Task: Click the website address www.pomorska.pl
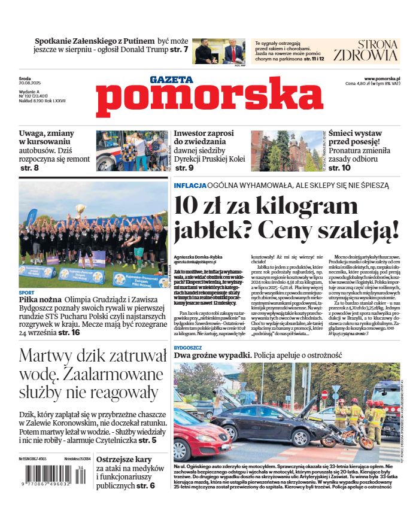[x=382, y=78]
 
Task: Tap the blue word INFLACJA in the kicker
[x=190, y=186]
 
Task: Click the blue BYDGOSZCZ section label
[x=188, y=346]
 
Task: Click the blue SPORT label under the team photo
[x=26, y=293]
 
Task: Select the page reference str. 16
[x=69, y=332]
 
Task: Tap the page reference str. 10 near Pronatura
[x=339, y=168]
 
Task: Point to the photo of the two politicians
[x=219, y=51]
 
